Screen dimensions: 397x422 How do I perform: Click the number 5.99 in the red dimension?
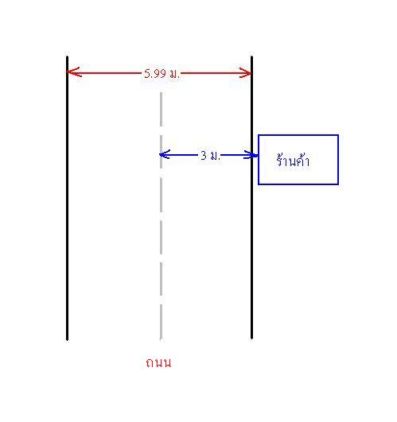[x=155, y=73]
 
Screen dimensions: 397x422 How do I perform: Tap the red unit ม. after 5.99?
[x=174, y=74]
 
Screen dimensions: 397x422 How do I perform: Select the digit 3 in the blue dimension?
[x=204, y=155]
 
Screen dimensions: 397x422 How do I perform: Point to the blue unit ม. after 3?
[x=215, y=156]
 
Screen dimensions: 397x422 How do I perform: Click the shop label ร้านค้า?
[x=293, y=161]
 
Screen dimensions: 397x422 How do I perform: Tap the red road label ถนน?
[x=158, y=362]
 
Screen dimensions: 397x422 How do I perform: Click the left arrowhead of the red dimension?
[x=74, y=72]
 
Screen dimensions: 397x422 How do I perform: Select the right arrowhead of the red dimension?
[x=245, y=72]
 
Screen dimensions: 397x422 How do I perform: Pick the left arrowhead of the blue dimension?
[x=165, y=154]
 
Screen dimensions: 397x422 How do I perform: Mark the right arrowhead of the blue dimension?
[x=249, y=155]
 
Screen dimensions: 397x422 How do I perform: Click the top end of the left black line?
[x=67, y=56]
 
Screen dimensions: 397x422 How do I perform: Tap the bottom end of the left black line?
[x=67, y=340]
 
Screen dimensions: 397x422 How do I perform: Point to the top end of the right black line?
[x=252, y=56]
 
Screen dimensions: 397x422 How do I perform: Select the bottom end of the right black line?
[x=252, y=339]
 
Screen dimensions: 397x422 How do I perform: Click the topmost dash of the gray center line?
[x=161, y=109]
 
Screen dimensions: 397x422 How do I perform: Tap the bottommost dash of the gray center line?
[x=161, y=323]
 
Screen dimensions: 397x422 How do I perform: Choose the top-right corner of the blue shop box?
[x=338, y=135]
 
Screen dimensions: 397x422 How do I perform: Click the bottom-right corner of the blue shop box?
[x=338, y=184]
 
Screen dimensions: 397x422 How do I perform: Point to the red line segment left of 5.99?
[x=105, y=72]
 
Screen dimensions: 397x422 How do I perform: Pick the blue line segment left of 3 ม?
[x=179, y=155]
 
